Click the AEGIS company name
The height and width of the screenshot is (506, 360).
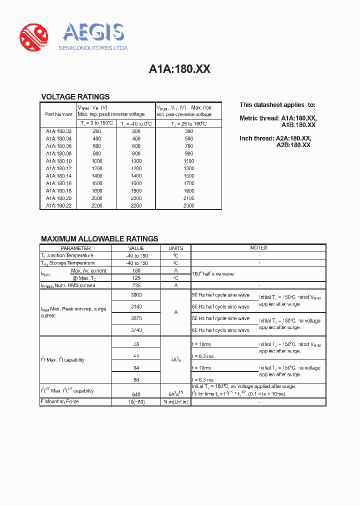(93, 32)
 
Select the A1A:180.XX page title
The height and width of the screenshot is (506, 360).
(179, 69)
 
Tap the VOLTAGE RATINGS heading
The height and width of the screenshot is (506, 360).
(75, 97)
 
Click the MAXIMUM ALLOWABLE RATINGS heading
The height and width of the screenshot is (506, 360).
(99, 239)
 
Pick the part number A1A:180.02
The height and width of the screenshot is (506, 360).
(58, 131)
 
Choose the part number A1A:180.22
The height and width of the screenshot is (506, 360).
(58, 205)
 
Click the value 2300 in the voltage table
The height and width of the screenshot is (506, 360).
(188, 205)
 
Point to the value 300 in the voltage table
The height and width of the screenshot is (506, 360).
(188, 131)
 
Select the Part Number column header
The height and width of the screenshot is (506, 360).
(58, 114)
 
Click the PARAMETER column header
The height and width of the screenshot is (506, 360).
(75, 248)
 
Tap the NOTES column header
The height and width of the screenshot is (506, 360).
(258, 248)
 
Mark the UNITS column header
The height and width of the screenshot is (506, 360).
(176, 248)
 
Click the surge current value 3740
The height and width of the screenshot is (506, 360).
(136, 330)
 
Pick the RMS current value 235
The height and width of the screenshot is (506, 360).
(136, 285)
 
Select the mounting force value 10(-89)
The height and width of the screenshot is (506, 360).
(136, 402)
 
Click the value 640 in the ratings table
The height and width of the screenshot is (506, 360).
(136, 394)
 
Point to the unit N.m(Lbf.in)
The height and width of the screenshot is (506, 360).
(176, 402)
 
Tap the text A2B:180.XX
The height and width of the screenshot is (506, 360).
(293, 145)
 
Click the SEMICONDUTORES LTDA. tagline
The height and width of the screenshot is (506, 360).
(94, 48)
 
